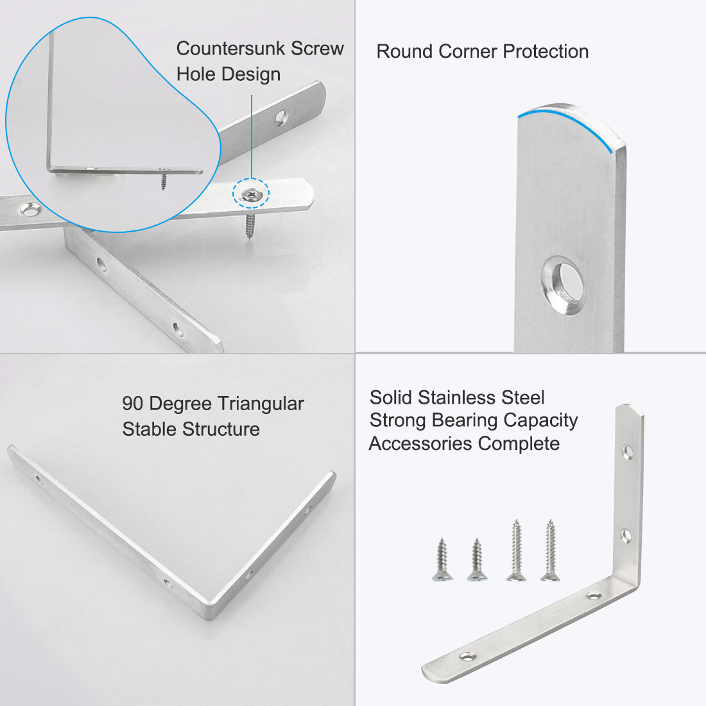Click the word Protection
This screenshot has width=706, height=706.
(546, 51)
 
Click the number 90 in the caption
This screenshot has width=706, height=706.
(133, 404)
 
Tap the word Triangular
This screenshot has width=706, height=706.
(260, 404)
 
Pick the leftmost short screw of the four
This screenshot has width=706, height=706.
(442, 560)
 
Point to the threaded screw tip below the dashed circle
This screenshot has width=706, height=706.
(248, 227)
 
